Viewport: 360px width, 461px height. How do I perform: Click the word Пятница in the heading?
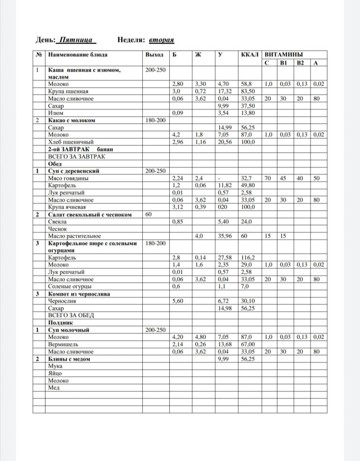(x=76, y=40)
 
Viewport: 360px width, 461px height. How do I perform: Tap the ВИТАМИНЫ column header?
(x=283, y=55)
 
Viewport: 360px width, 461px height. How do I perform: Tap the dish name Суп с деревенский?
(x=73, y=171)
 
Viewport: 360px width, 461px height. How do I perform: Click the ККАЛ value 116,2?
(x=248, y=258)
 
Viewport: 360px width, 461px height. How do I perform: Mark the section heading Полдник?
(x=60, y=322)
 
